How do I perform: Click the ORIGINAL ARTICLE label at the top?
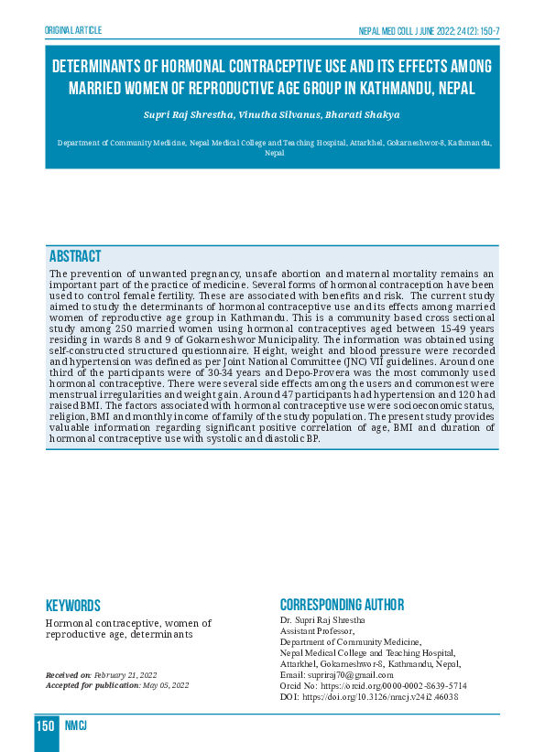tap(73, 30)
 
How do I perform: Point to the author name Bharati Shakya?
tap(365, 115)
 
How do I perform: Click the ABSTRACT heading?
tap(75, 256)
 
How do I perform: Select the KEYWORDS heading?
tap(73, 606)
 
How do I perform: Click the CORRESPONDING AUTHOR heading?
tap(342, 606)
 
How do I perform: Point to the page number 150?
tap(46, 726)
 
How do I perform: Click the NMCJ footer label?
tap(76, 726)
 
